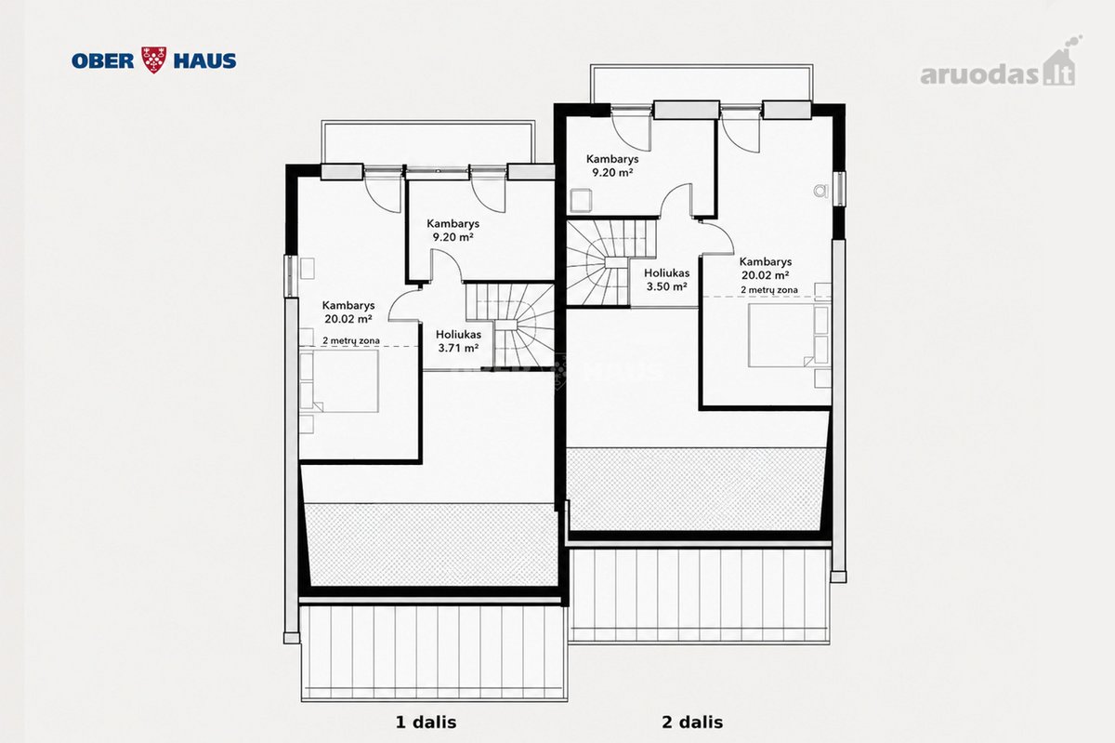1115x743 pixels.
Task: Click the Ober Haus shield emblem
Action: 154,60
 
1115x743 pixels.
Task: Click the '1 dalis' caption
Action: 426,722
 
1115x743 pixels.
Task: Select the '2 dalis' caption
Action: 692,722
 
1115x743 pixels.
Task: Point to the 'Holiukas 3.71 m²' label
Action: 458,341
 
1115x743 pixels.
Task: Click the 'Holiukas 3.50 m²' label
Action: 666,280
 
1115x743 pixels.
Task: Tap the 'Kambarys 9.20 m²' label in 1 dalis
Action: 453,231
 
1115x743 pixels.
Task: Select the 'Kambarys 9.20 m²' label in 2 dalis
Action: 612,166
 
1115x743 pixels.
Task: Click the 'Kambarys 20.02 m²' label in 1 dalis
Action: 348,312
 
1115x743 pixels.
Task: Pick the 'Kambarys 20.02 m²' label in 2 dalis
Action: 766,268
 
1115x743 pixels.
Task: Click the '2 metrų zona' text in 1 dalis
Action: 351,341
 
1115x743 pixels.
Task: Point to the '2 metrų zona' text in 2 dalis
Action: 769,289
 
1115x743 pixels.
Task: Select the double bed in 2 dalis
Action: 790,336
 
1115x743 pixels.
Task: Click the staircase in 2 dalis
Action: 611,262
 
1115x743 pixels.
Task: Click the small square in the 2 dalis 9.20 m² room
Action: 581,200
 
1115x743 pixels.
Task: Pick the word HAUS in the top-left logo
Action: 204,60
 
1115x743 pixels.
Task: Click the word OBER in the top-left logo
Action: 103,60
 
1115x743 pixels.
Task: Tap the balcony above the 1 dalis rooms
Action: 428,142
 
